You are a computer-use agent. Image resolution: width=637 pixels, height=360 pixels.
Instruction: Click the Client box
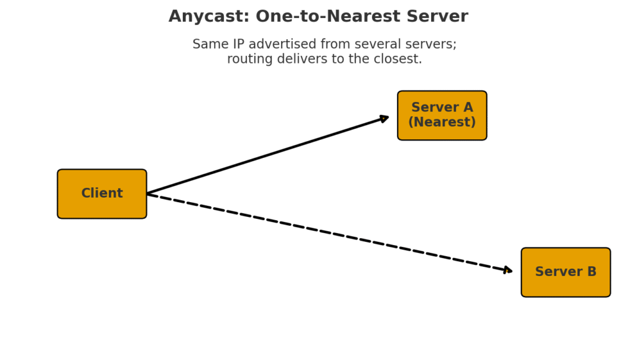click(102, 194)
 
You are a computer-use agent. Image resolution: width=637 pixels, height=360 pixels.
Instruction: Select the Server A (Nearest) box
click(442, 116)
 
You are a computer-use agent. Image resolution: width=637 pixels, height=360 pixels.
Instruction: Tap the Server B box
click(565, 272)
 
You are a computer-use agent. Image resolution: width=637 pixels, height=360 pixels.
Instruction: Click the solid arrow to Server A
click(267, 155)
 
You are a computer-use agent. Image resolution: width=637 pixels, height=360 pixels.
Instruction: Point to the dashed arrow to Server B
click(330, 233)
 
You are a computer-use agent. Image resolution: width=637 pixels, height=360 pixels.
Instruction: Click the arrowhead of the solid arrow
click(384, 118)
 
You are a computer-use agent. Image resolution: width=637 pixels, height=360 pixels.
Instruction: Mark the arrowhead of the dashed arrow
click(508, 270)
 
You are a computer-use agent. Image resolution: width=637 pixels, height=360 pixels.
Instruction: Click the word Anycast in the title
click(202, 17)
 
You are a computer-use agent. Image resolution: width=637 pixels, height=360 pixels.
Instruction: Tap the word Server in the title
click(438, 17)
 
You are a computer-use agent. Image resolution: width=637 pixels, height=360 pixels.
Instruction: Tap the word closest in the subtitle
click(396, 60)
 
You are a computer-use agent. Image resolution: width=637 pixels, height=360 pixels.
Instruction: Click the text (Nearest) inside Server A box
click(442, 122)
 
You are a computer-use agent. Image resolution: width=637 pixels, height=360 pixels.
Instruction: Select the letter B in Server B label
click(591, 272)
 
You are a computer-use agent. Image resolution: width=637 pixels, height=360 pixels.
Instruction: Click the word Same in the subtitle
click(207, 45)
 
